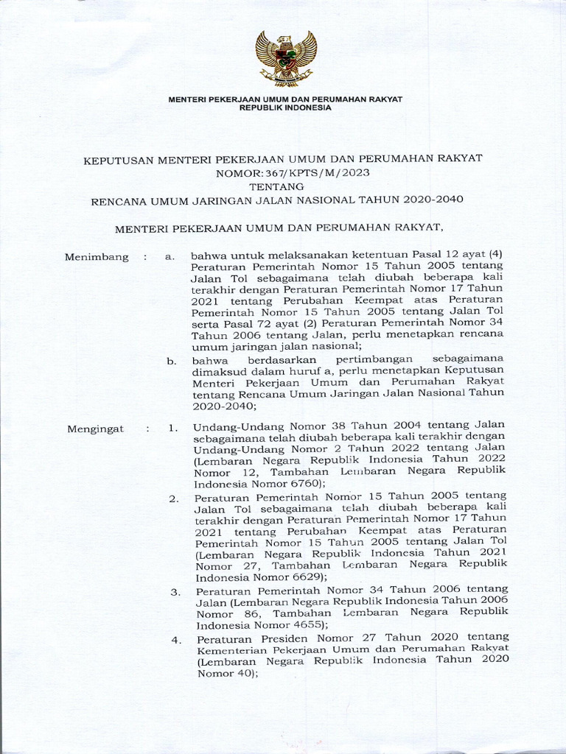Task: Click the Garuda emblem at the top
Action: [x=286, y=57]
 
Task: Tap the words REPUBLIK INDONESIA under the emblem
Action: [x=286, y=108]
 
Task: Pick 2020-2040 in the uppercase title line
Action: [x=439, y=200]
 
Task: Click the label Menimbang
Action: [x=97, y=257]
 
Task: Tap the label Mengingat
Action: [x=96, y=429]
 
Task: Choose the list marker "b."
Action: [x=170, y=361]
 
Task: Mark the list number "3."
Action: [x=175, y=592]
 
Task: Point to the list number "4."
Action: [x=175, y=639]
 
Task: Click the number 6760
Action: [x=304, y=485]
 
